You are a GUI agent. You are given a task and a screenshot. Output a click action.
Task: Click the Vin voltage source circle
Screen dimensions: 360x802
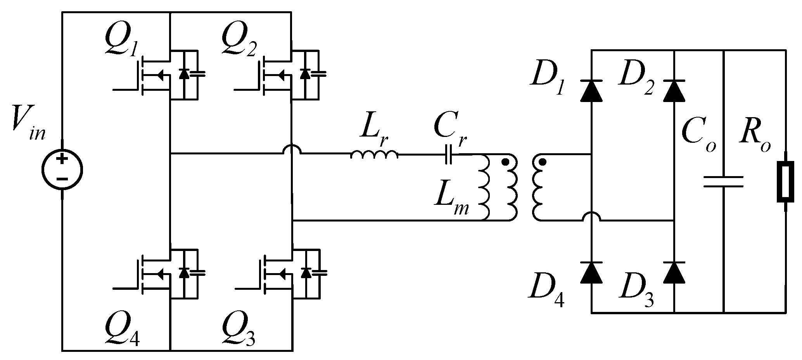(62, 170)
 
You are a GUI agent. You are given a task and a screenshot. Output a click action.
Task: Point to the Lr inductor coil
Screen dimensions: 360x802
(374, 155)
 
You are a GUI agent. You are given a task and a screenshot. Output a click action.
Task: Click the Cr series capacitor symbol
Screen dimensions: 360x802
(448, 154)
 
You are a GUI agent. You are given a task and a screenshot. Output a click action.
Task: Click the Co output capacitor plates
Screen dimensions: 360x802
(724, 182)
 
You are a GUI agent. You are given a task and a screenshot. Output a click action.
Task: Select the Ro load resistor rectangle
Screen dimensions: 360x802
(786, 182)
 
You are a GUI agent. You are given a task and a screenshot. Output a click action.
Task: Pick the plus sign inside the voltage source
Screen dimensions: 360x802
(62, 159)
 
